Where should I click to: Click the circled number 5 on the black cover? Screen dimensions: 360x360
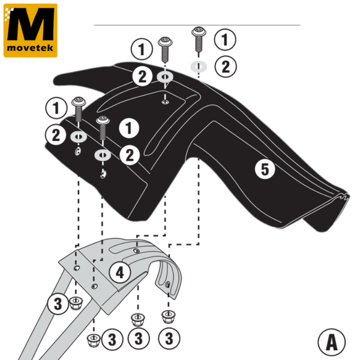click(265, 169)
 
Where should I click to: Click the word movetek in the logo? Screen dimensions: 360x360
click(30, 46)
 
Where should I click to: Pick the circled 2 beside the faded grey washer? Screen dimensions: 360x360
click(225, 66)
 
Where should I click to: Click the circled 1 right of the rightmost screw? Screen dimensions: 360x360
click(225, 40)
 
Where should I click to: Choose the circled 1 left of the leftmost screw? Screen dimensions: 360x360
click(56, 108)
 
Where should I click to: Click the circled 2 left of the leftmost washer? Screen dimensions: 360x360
click(56, 135)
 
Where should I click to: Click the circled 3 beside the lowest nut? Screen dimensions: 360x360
click(112, 340)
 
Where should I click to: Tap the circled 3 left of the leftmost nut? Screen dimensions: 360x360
click(58, 304)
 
